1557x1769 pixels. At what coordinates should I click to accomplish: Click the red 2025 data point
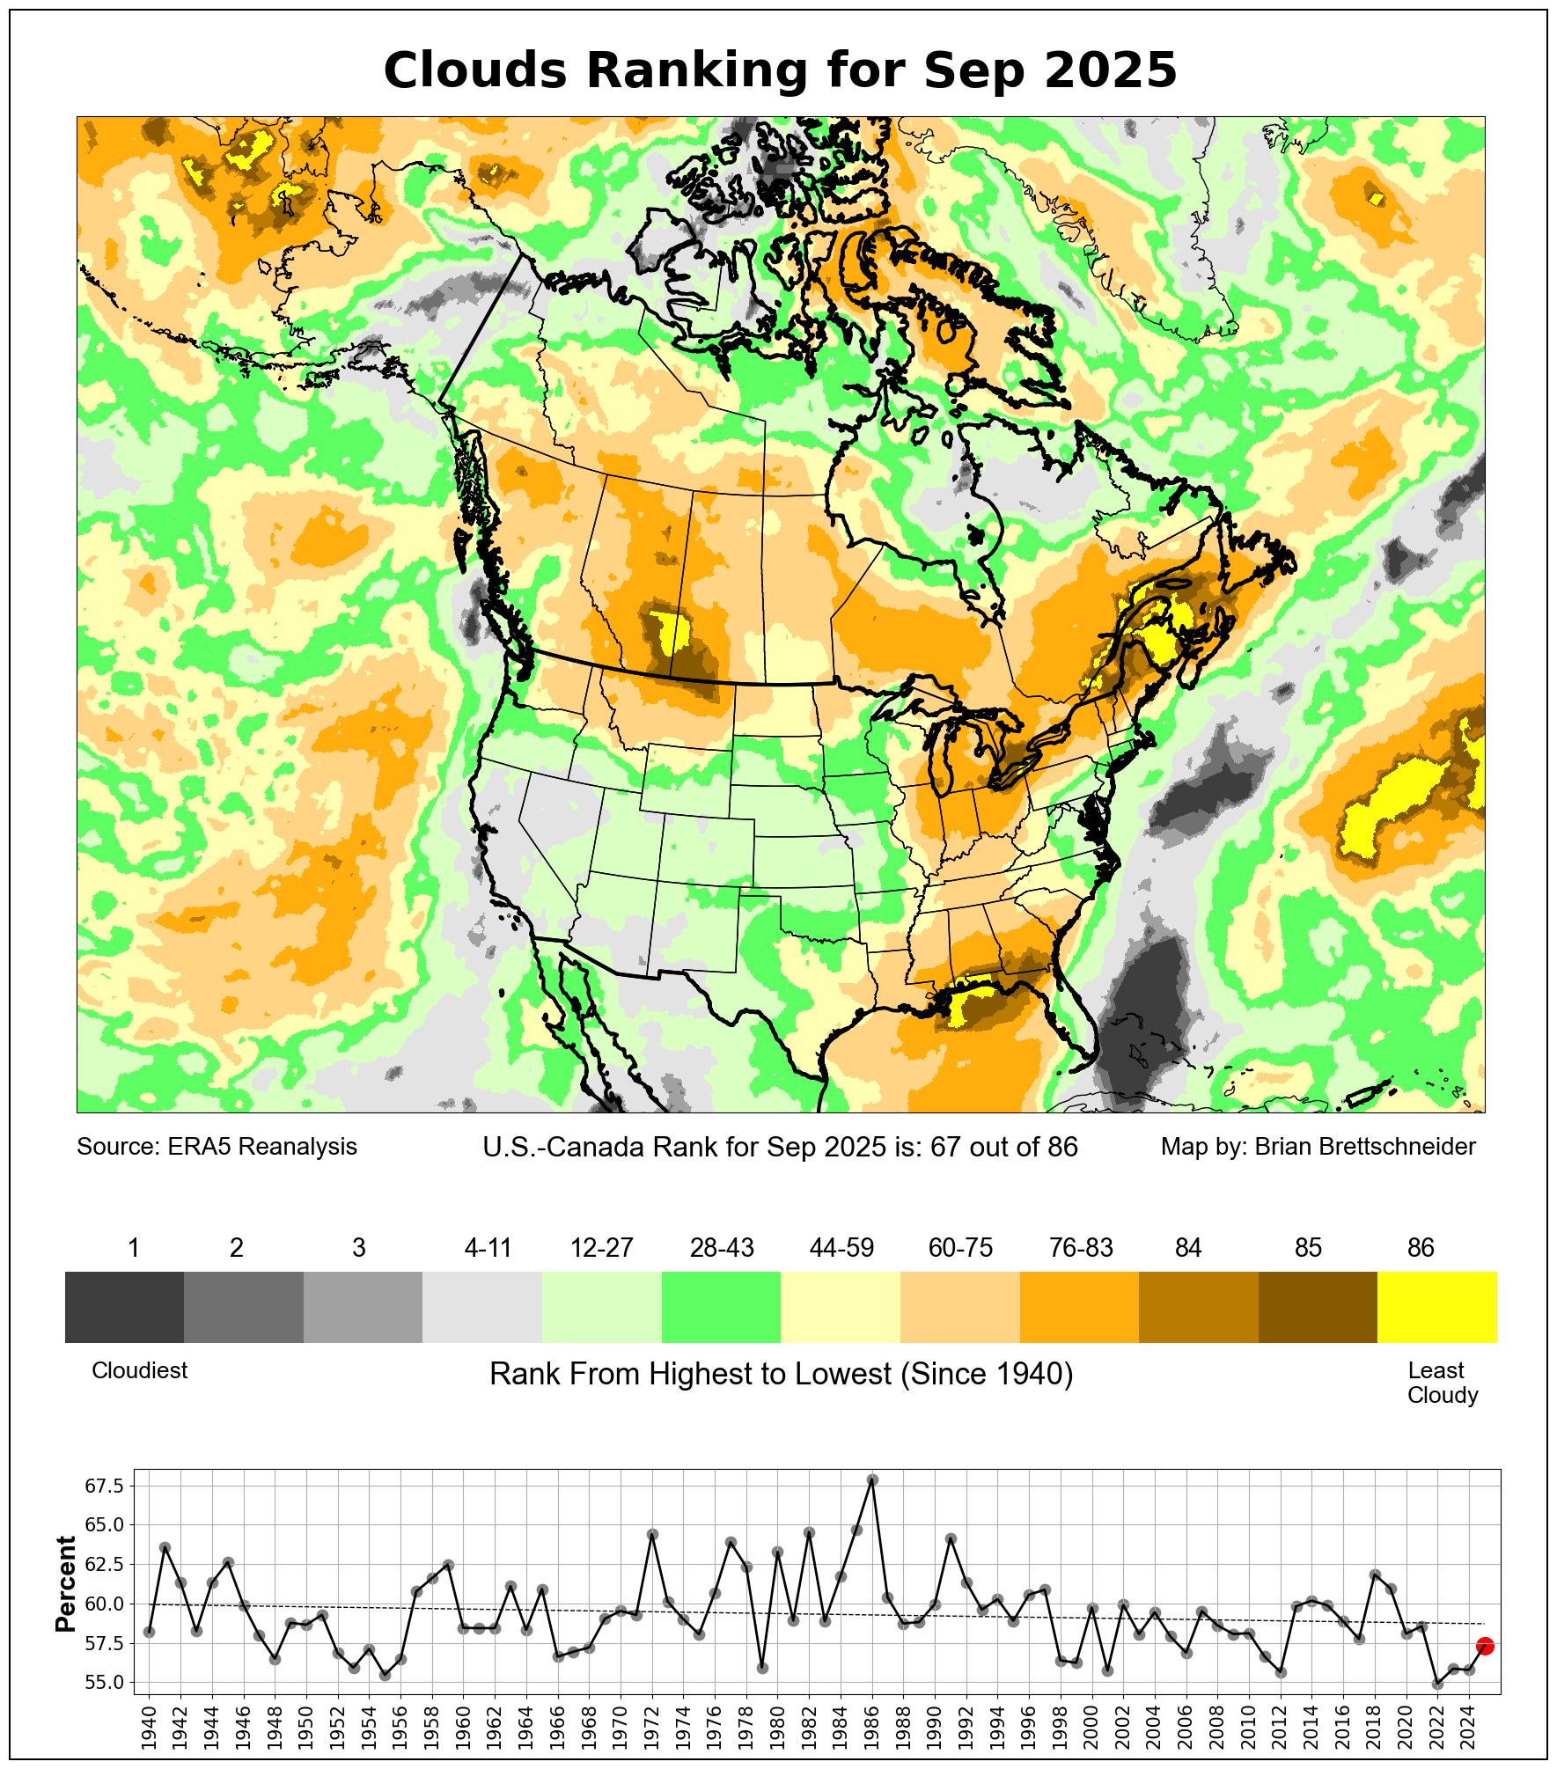click(x=1485, y=1646)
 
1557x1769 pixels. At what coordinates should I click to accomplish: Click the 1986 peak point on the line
click(x=872, y=1479)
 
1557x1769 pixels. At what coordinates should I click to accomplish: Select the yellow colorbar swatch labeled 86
click(x=1436, y=1307)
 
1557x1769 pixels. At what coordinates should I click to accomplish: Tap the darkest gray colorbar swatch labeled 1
click(x=124, y=1307)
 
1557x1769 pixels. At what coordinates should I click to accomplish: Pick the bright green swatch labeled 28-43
click(x=721, y=1307)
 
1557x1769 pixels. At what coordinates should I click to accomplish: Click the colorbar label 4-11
click(x=488, y=1248)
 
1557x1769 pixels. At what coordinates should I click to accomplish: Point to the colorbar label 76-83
click(x=1081, y=1248)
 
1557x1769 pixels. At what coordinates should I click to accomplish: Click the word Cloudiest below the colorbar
click(x=139, y=1370)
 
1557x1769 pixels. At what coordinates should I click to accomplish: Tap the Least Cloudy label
click(x=1442, y=1383)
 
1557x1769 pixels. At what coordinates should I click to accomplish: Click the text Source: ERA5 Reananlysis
click(x=217, y=1147)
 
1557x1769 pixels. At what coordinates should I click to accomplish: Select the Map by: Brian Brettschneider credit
click(x=1318, y=1147)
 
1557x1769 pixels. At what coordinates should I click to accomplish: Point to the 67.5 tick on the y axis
click(x=104, y=1486)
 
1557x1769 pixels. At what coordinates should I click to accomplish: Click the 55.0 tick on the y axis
click(x=104, y=1683)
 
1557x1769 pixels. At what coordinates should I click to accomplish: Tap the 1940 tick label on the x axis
click(x=149, y=1727)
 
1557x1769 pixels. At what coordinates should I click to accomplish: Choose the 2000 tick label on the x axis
click(x=1092, y=1727)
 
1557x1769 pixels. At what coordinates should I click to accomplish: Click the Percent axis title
click(x=66, y=1584)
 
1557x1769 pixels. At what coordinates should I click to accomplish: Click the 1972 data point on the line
click(x=652, y=1534)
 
